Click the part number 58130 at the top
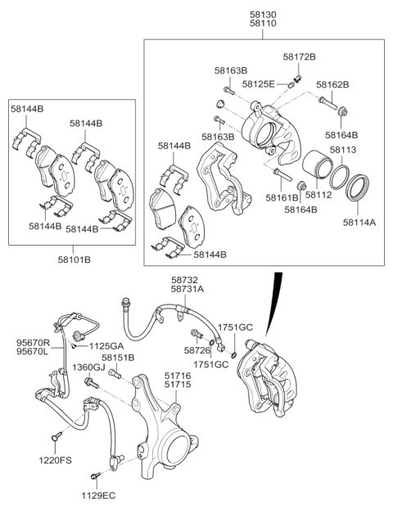263,14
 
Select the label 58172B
299,56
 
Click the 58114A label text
359,222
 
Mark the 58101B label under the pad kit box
74,260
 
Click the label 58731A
187,289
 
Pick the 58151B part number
118,358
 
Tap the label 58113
343,151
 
